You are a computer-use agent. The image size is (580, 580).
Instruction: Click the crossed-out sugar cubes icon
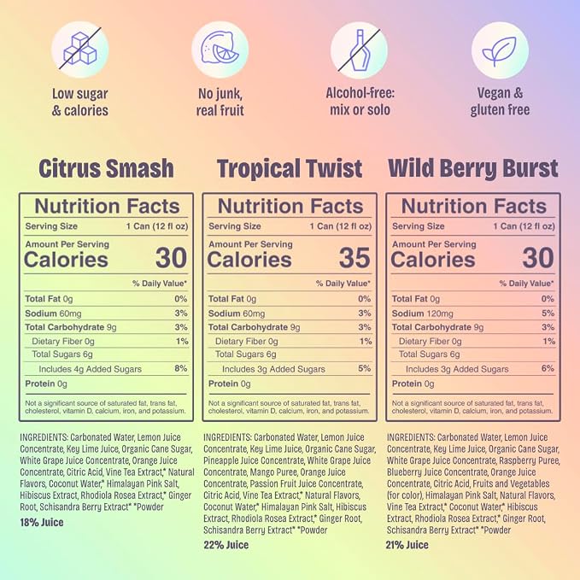[80, 50]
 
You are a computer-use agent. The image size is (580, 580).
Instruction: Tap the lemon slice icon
[220, 50]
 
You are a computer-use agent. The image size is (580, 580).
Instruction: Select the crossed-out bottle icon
[359, 50]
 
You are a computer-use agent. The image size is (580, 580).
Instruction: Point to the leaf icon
[500, 50]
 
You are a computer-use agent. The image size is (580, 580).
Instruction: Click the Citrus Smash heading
[106, 168]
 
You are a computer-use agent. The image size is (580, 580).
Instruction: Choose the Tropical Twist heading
[290, 168]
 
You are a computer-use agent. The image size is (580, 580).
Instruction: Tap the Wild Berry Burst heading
[473, 168]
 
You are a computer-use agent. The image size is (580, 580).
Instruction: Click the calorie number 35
[354, 258]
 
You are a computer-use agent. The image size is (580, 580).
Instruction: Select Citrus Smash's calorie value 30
[171, 258]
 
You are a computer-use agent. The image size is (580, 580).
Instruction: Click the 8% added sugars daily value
[181, 368]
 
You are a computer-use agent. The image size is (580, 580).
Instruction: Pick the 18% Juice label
[42, 522]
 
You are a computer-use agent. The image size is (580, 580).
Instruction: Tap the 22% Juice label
[226, 545]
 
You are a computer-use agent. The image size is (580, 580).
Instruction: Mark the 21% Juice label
[407, 545]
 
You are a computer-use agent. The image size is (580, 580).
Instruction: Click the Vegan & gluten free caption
[500, 102]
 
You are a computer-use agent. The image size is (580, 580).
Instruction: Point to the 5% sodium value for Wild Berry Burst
[548, 313]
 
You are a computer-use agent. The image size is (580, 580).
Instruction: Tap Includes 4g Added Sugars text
[91, 369]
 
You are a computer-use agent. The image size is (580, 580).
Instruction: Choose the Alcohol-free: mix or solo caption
[360, 102]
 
